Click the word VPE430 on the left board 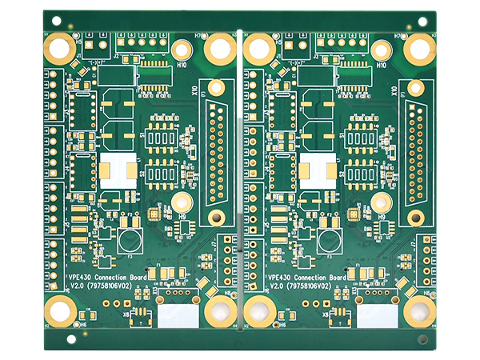click(82, 277)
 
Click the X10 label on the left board click(195, 92)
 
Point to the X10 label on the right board click(394, 92)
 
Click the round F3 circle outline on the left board click(128, 238)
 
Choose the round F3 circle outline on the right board click(328, 238)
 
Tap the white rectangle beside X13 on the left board click(178, 315)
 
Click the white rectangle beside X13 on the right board click(377, 315)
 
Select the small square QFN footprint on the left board click(152, 214)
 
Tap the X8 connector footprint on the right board click(340, 317)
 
